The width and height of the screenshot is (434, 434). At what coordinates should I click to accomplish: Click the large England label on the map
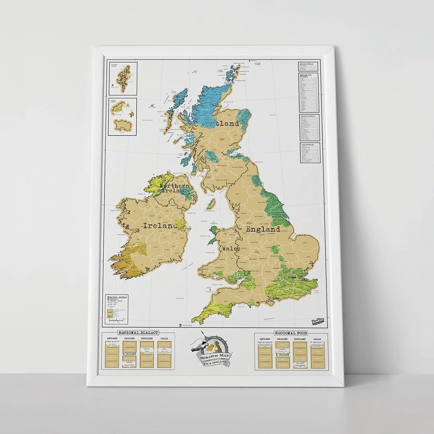pyautogui.click(x=263, y=229)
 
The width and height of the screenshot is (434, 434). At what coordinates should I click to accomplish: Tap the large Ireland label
pyautogui.click(x=159, y=226)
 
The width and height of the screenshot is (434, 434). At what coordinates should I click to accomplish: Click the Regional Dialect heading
pyautogui.click(x=138, y=332)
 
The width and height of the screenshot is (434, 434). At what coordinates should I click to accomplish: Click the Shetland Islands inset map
pyautogui.click(x=122, y=78)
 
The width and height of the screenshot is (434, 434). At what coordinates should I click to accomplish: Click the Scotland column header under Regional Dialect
pyautogui.click(x=147, y=339)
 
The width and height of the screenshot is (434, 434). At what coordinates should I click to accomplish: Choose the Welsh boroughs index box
pyautogui.click(x=310, y=153)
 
